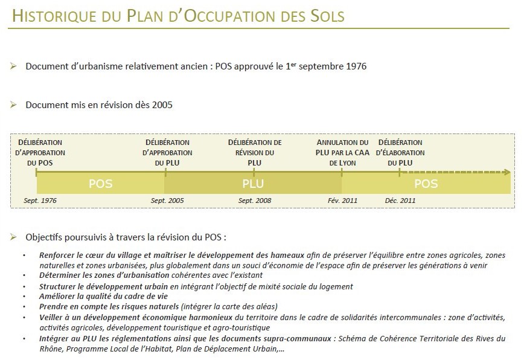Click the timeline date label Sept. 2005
coord(167,200)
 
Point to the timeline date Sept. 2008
coord(255,200)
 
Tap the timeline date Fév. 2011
coord(343,200)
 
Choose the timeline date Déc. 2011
coord(400,200)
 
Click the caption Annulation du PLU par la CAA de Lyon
coord(342,152)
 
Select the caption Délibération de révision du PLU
coord(255,152)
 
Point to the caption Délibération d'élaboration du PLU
coord(401,152)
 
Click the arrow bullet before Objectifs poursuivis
coord(13,237)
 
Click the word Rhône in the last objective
coord(52,349)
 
